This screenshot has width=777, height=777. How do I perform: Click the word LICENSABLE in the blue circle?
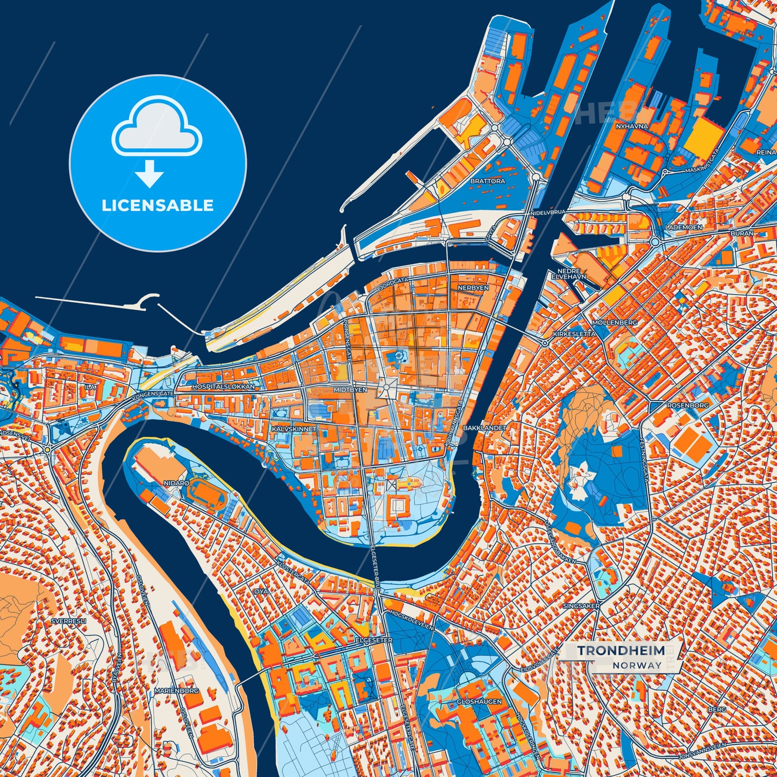[158, 205]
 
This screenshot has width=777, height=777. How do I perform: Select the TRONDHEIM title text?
[621, 651]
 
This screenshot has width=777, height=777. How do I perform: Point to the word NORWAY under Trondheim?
[637, 665]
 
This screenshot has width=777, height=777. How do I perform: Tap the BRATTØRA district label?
[488, 181]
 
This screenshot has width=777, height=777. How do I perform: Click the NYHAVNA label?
[632, 126]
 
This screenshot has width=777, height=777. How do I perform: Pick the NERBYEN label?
[473, 288]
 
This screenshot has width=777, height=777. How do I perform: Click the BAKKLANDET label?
[484, 428]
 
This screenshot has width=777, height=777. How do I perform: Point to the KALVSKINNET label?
[294, 430]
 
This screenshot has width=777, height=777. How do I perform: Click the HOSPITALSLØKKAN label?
[223, 387]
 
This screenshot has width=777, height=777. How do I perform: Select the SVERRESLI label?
[68, 621]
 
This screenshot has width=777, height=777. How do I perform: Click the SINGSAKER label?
[581, 606]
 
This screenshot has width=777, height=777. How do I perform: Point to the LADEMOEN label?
[683, 227]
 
